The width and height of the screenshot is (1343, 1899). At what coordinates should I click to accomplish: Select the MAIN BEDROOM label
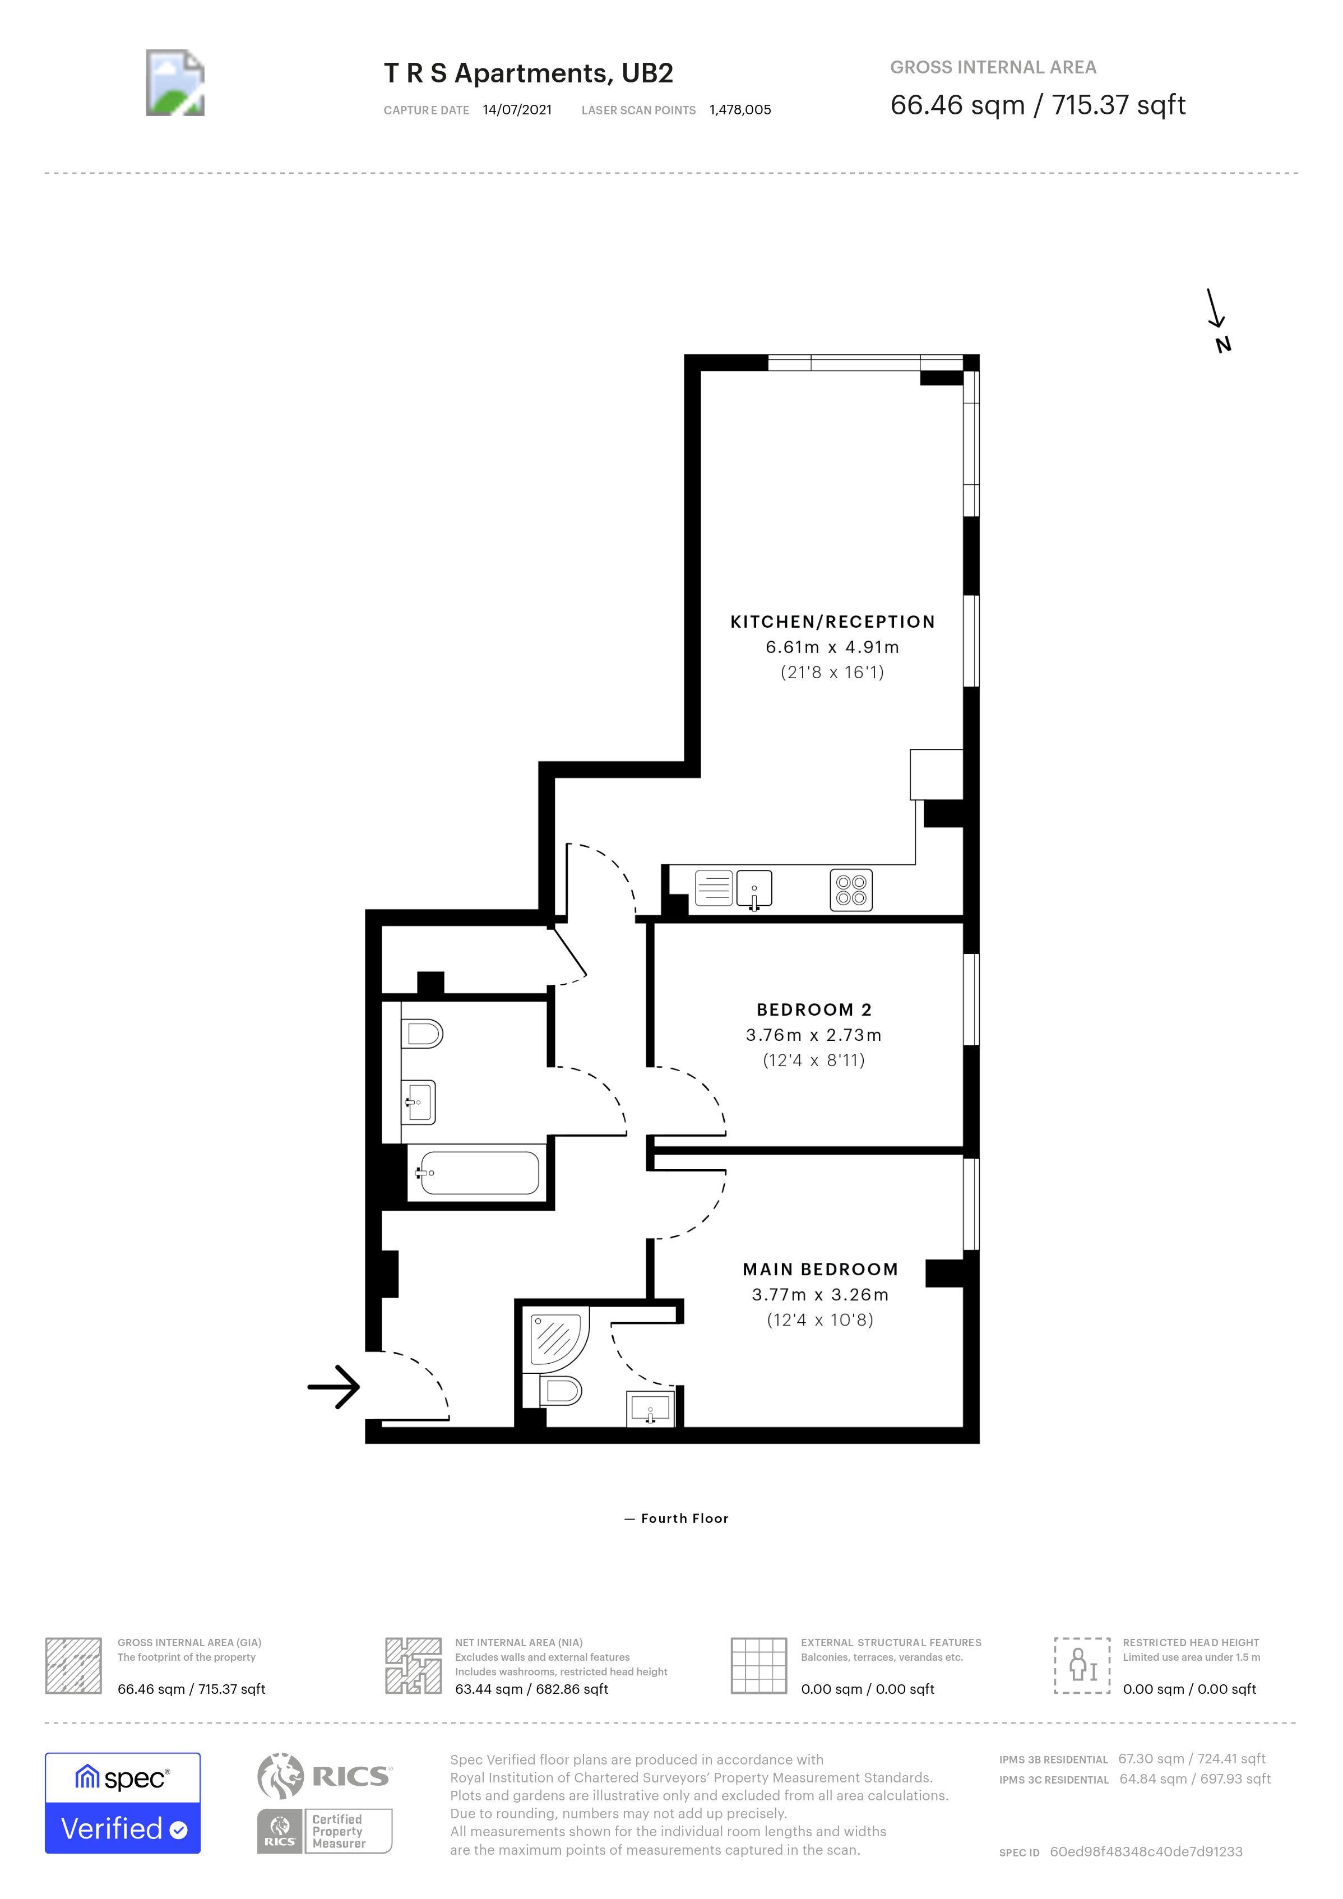pyautogui.click(x=819, y=1269)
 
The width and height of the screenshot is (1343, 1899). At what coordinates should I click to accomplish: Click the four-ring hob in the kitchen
pyautogui.click(x=851, y=891)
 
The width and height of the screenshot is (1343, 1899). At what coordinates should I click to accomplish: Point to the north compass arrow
pyautogui.click(x=1216, y=310)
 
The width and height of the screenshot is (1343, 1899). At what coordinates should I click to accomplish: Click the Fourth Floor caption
pyautogui.click(x=677, y=1518)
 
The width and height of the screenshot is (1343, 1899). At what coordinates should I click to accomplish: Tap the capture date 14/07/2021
pyautogui.click(x=517, y=110)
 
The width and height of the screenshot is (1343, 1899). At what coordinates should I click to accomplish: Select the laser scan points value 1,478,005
pyautogui.click(x=739, y=110)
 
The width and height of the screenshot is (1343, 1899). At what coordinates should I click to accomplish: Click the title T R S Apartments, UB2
pyautogui.click(x=529, y=73)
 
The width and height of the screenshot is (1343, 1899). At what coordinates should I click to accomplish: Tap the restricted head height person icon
pyautogui.click(x=1082, y=1665)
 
